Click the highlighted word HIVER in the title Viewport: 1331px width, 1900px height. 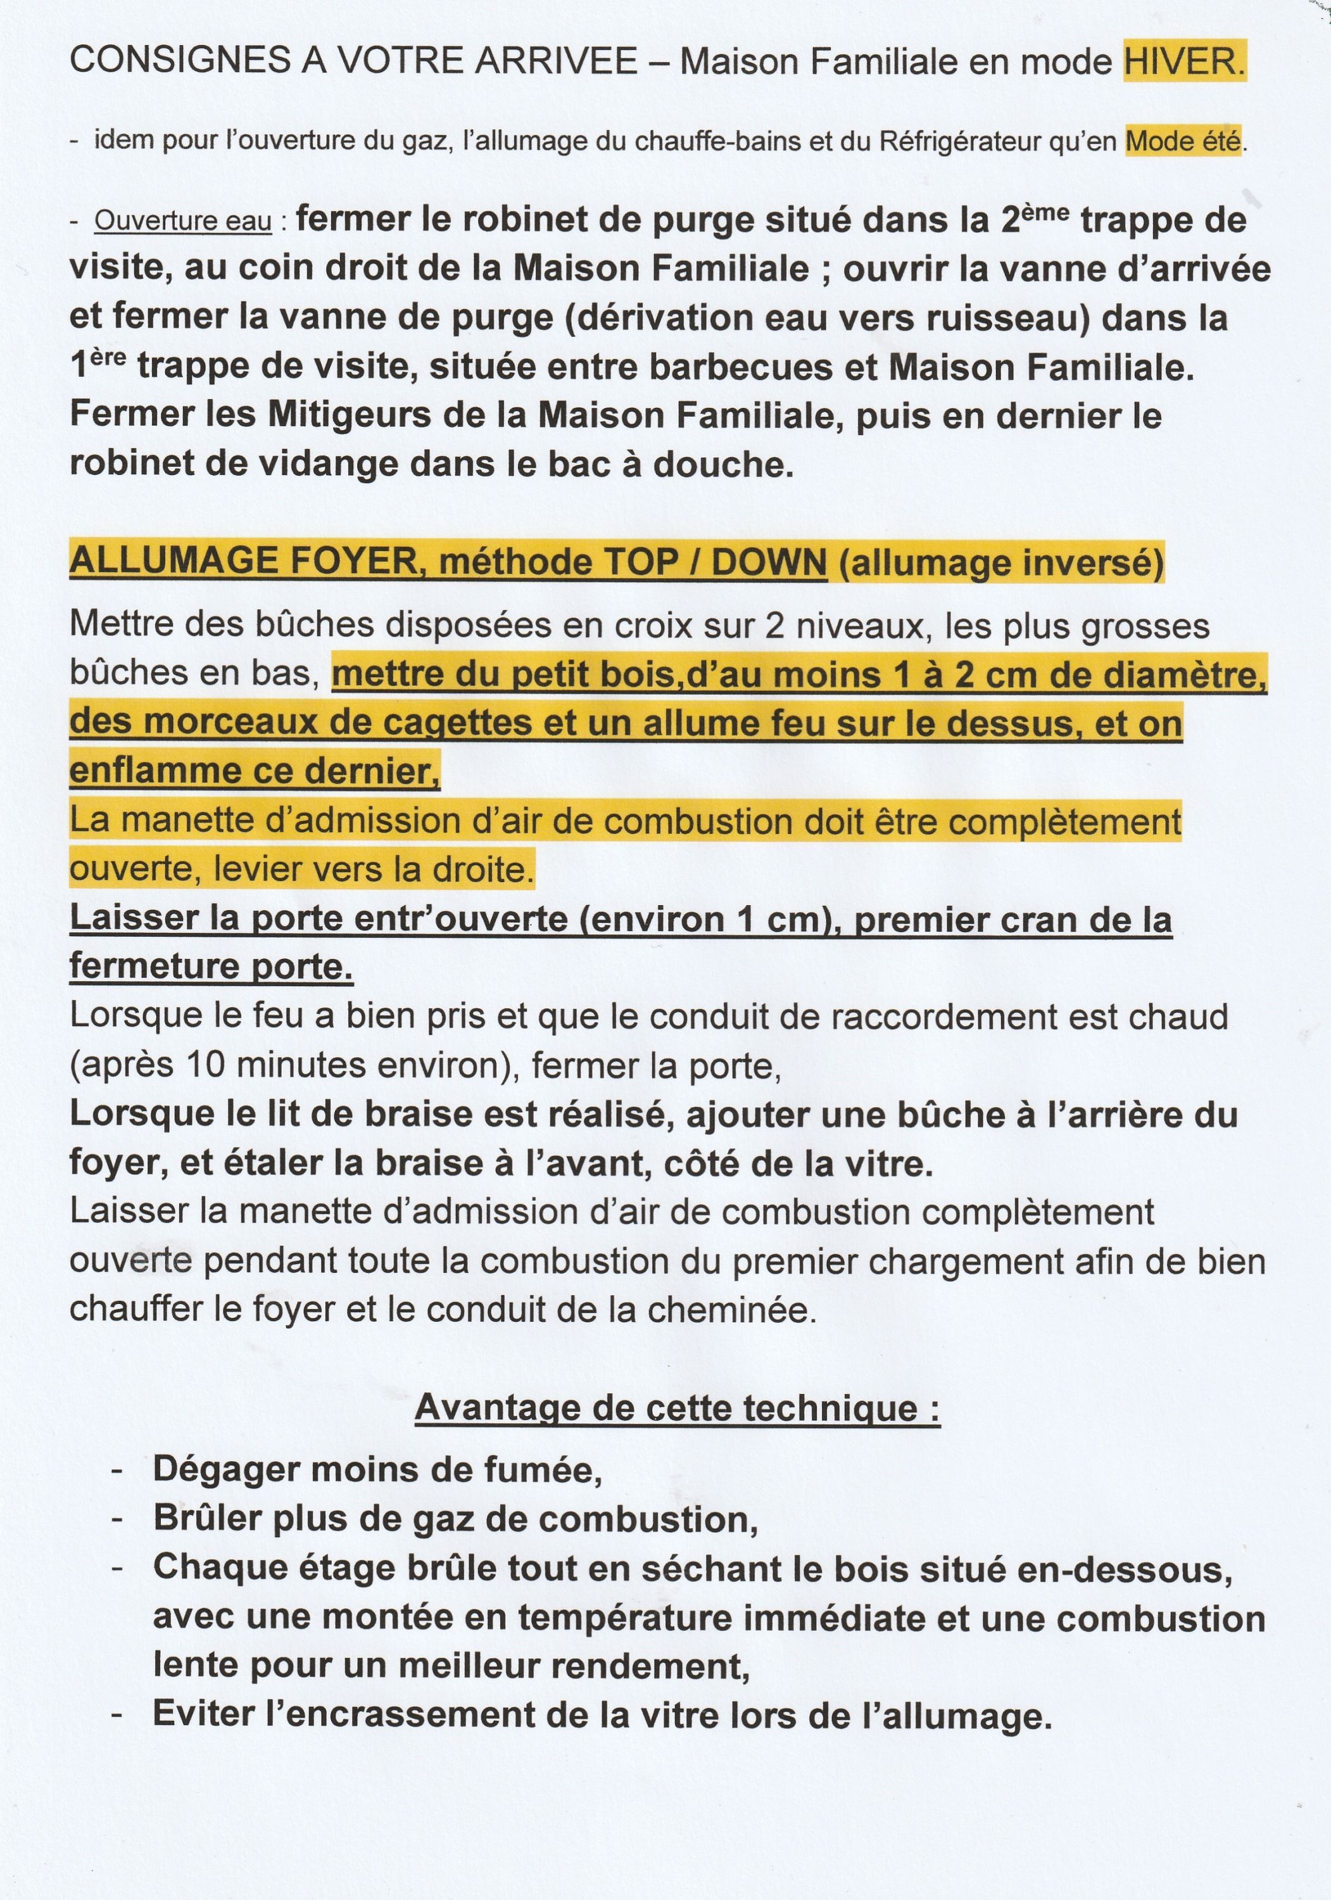point(1183,62)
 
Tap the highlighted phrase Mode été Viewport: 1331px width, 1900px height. point(1183,142)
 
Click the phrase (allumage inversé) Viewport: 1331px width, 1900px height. point(1001,563)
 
